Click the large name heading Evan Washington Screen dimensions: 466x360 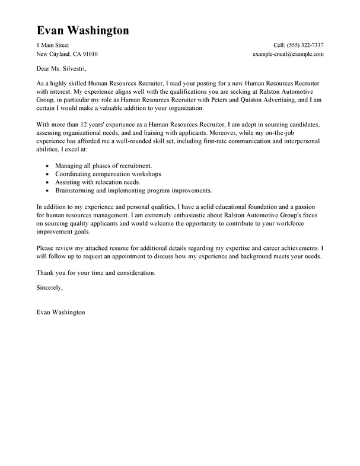pyautogui.click(x=83, y=30)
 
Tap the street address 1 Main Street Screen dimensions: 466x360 pyautogui.click(x=53, y=45)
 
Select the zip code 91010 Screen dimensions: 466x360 pyautogui.click(x=90, y=54)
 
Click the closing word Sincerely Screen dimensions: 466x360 pyautogui.click(x=49, y=287)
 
